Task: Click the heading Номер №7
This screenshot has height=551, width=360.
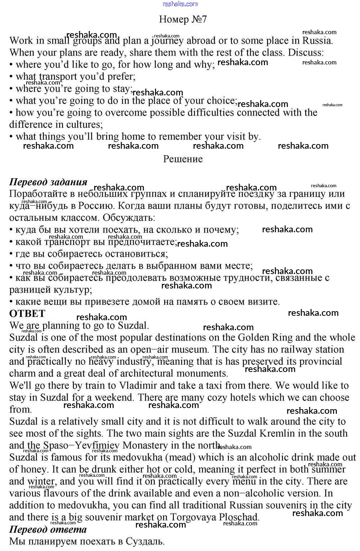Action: tap(183, 19)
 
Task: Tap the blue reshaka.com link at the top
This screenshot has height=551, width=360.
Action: tap(180, 4)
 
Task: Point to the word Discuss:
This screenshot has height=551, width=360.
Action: tap(306, 53)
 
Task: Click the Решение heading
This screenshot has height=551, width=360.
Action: tap(183, 159)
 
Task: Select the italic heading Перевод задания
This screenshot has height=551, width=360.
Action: tap(48, 182)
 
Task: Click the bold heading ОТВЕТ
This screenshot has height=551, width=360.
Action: tap(27, 314)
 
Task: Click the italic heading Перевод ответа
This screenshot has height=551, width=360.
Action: tap(48, 529)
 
